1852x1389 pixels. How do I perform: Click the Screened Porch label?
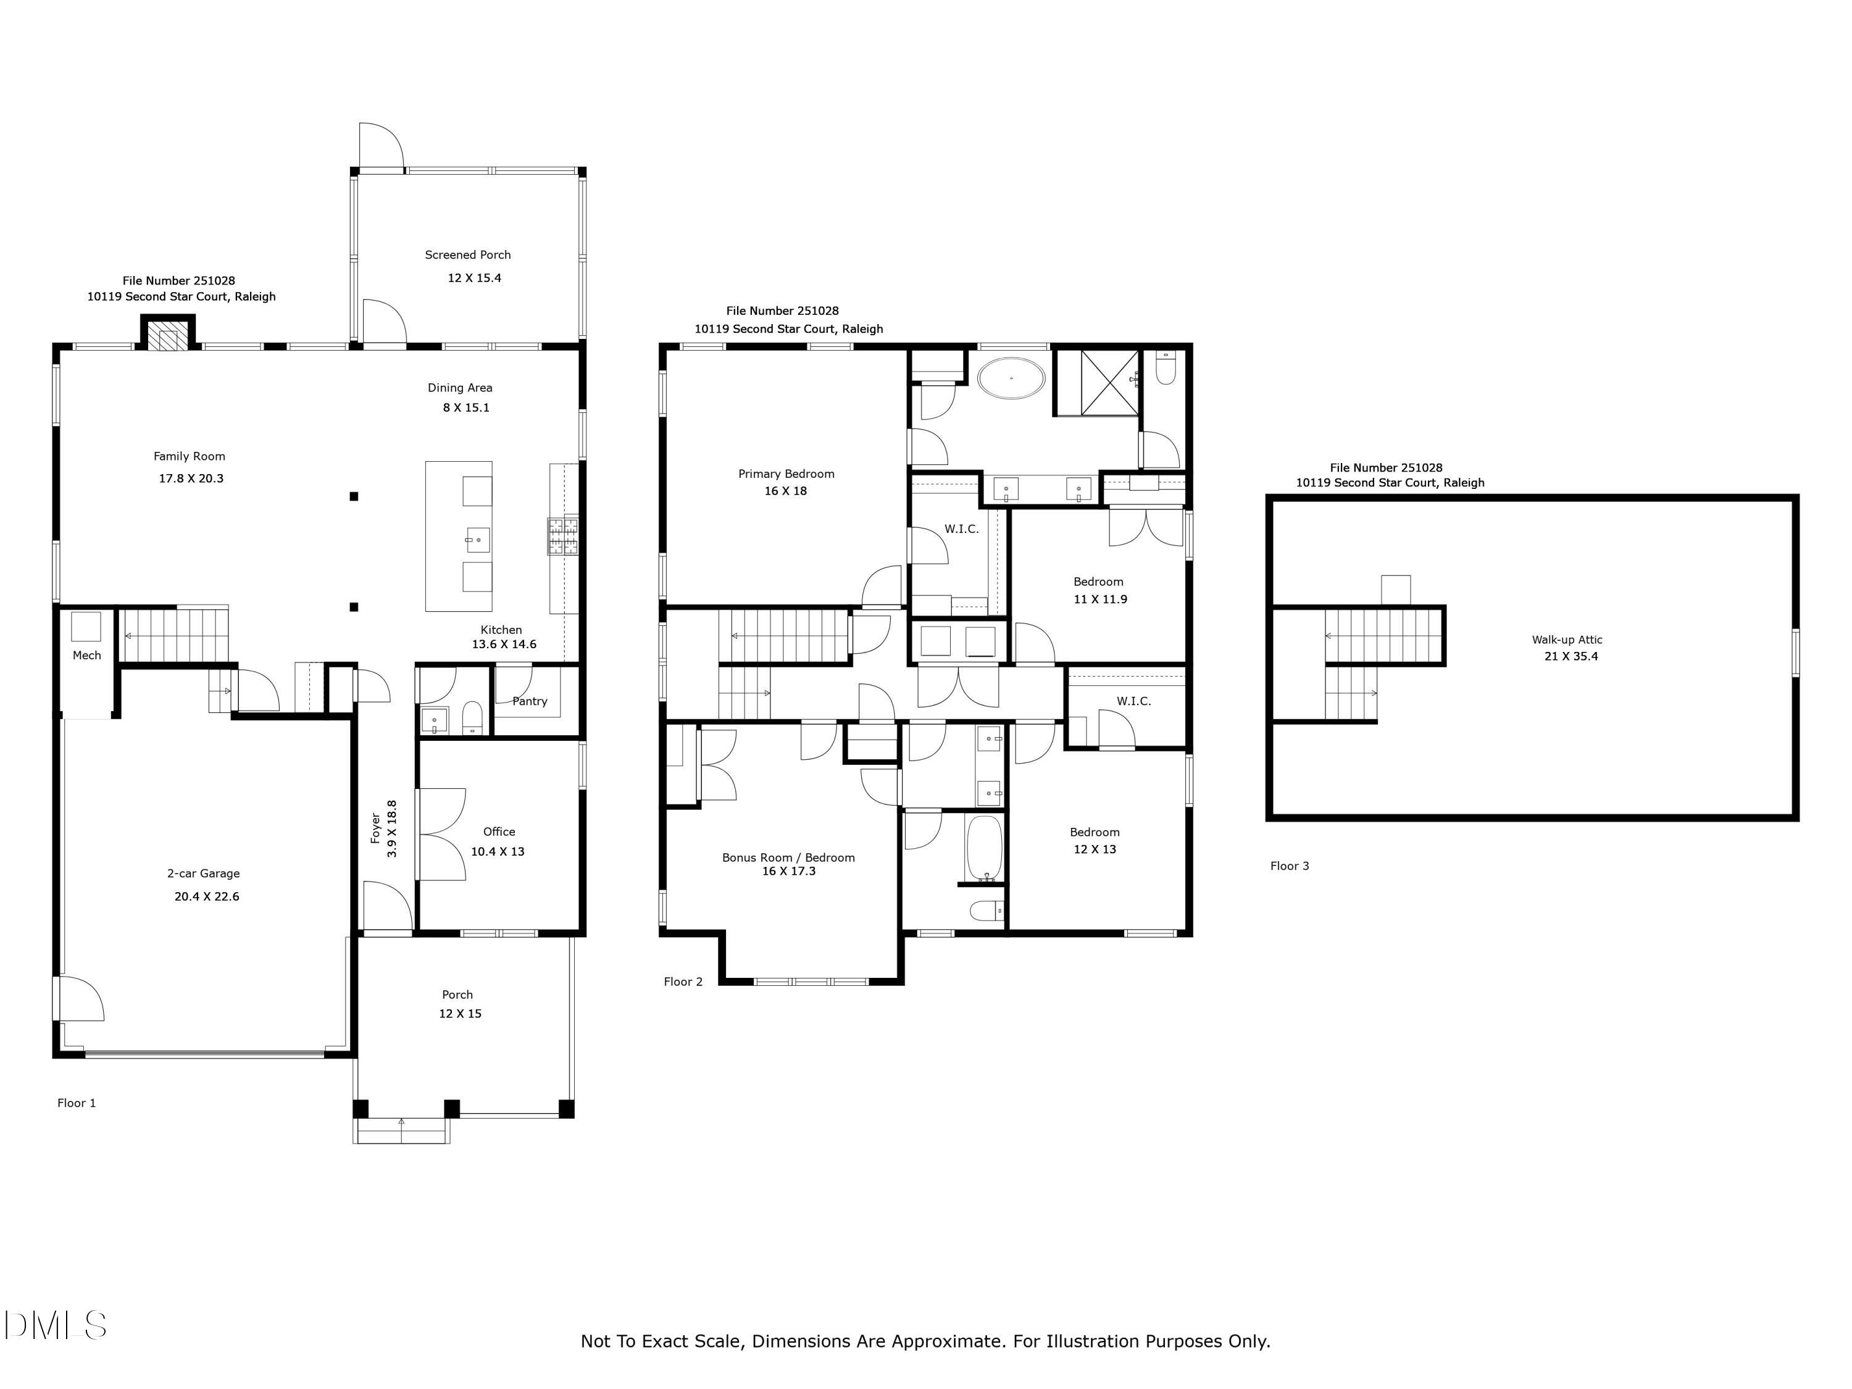point(467,254)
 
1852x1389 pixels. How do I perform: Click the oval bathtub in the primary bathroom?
point(1011,378)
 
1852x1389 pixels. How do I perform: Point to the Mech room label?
point(86,656)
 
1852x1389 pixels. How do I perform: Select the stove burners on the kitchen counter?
point(562,536)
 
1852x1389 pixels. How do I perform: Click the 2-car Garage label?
point(204,874)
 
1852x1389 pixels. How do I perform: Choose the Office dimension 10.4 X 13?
point(498,851)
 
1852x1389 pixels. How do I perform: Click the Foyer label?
point(376,828)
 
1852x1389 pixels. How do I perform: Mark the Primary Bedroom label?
point(786,474)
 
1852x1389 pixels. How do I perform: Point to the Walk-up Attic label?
point(1567,640)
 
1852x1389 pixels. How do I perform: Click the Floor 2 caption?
point(683,982)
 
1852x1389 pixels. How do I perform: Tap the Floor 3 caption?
point(1290,866)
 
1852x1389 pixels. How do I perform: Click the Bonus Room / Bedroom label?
point(788,857)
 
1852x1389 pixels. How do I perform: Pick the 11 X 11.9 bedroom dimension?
point(1100,599)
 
